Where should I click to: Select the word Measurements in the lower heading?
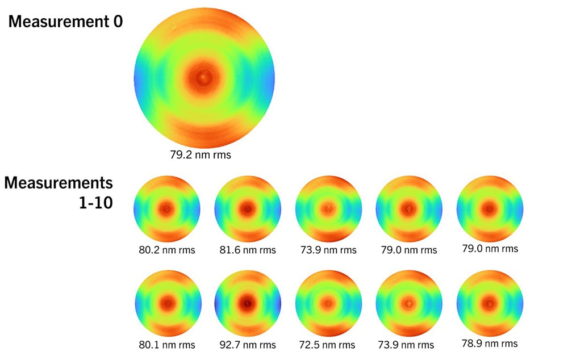point(59,183)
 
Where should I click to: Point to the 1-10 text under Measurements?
point(95,202)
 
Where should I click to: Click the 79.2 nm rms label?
point(204,154)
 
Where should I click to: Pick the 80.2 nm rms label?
point(167,250)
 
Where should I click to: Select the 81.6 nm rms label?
point(248,250)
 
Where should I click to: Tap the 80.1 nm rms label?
point(167,345)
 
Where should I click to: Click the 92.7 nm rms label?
point(248,345)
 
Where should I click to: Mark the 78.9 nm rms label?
point(490,344)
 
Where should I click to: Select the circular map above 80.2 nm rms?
point(167,208)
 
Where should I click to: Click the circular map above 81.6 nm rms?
point(248,208)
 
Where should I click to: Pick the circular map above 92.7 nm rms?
point(248,303)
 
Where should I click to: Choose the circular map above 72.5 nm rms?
point(329,303)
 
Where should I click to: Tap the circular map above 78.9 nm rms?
point(490,303)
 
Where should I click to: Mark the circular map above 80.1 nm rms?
point(167,303)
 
